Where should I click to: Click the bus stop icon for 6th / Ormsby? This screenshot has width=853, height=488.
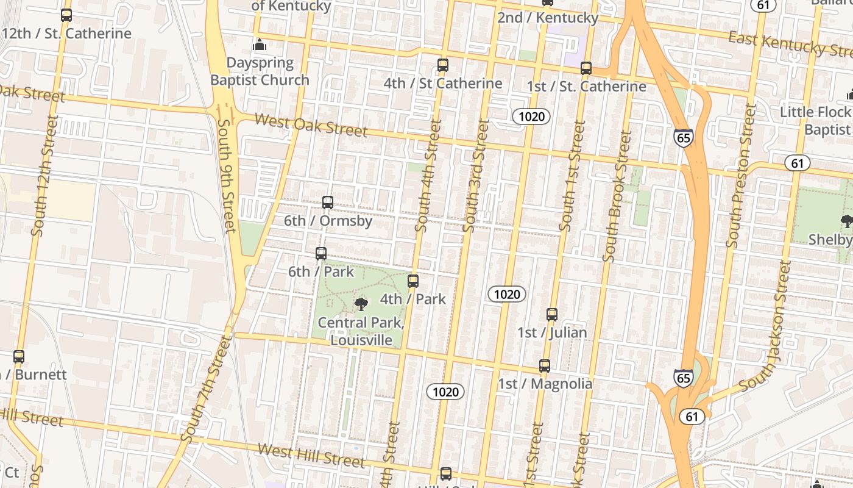328,203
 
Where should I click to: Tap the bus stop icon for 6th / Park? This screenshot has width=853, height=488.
321,253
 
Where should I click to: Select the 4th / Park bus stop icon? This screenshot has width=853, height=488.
413,281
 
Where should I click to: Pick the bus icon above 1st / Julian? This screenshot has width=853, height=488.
552,315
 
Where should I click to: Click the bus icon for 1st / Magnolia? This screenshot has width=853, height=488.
545,366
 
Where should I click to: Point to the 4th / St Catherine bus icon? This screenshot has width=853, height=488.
443,65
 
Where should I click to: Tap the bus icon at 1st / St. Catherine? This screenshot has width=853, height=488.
586,68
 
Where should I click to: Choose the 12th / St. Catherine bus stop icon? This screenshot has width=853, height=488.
66,15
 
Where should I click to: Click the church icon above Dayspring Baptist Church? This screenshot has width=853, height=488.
260,45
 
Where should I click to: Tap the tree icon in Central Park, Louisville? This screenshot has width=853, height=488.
361,303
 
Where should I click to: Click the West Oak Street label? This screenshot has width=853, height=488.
311,125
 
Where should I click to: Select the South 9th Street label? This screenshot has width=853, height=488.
226,176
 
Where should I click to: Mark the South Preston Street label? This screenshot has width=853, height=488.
741,176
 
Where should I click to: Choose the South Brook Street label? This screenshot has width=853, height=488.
617,196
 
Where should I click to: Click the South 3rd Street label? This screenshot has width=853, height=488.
476,176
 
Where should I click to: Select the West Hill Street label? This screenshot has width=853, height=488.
311,455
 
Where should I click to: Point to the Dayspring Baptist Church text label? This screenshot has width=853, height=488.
260,71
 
